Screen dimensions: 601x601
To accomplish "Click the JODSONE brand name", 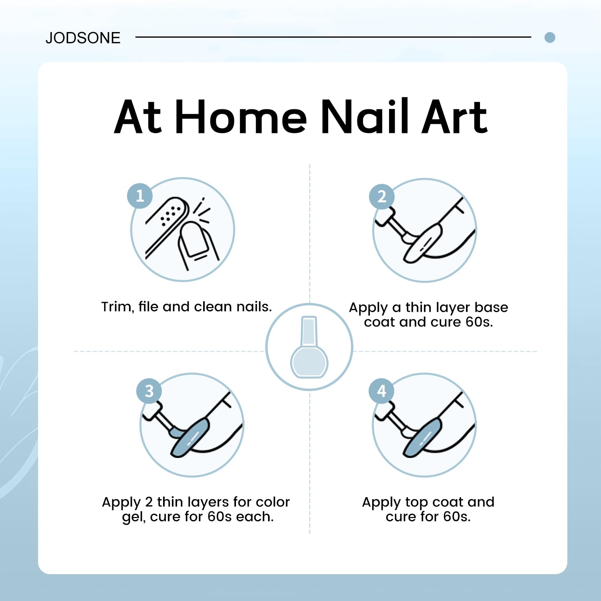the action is click(83, 38).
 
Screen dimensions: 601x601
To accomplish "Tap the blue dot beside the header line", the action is click(550, 38).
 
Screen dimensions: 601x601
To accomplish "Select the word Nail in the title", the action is click(365, 116).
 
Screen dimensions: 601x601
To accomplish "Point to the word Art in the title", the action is click(454, 117).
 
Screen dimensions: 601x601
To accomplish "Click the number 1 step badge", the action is click(140, 196).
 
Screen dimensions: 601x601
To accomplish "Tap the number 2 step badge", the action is click(382, 196).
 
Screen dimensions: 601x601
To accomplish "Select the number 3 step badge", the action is click(149, 391).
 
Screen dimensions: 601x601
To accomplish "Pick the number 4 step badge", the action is click(381, 391).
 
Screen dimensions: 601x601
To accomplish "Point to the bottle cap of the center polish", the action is click(309, 331).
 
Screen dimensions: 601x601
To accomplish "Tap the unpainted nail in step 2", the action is click(423, 243).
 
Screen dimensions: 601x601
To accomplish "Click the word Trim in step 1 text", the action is click(117, 307).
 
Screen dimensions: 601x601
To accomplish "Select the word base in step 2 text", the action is click(491, 307).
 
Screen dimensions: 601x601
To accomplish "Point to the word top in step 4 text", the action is click(417, 503).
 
